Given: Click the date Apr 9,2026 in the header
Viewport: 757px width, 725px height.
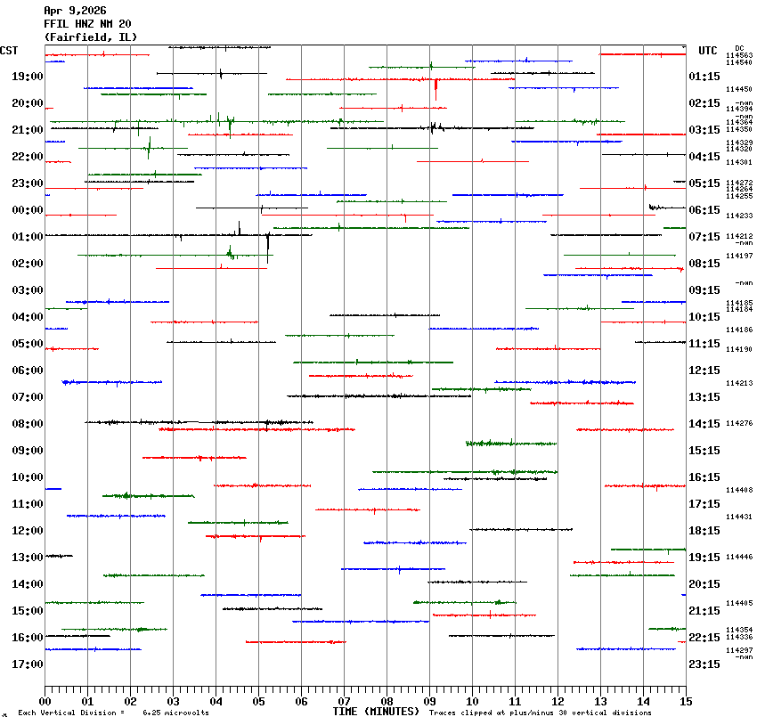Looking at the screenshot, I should [76, 11].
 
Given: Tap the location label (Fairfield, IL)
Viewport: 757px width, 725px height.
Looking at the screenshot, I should [85, 37].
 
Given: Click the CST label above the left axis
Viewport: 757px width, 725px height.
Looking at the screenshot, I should [11, 51].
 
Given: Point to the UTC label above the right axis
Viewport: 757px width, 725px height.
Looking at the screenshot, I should [708, 51].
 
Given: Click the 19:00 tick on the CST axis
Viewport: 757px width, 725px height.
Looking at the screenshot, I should [27, 77].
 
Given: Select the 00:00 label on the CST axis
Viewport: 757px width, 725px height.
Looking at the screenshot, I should [27, 210].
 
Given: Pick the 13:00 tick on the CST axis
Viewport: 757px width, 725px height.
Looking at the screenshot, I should [27, 558].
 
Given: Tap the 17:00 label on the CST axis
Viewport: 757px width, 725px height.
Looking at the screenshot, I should [27, 664].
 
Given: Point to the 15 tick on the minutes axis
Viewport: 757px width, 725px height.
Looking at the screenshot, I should [685, 701].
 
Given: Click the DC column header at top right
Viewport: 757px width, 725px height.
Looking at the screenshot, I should [739, 47].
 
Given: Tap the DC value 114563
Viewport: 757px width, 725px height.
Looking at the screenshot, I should [739, 55].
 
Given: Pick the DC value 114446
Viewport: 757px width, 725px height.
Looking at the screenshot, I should [739, 557].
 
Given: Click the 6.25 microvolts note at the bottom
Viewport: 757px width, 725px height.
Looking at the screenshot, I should [175, 713].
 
